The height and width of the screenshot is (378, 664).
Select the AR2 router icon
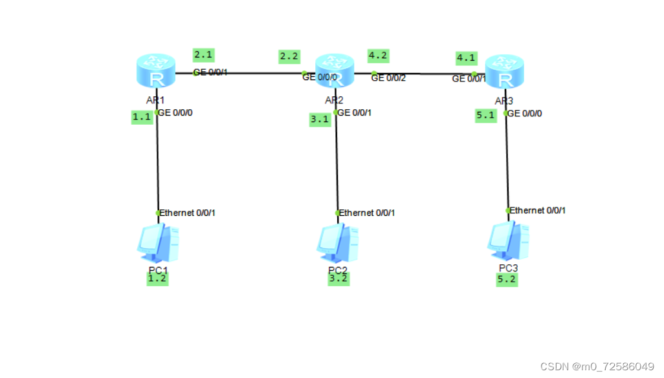335,71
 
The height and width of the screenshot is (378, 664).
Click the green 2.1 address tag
203,54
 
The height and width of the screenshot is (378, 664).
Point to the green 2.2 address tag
289,56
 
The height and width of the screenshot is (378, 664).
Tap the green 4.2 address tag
378,56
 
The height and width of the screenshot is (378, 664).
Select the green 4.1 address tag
466,58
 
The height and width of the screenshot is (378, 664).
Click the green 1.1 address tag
142,117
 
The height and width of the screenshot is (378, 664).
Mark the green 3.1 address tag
320,119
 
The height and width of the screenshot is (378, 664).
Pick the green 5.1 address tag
485,116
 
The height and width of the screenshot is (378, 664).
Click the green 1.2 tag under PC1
157,278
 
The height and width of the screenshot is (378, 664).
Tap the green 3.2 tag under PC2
338,278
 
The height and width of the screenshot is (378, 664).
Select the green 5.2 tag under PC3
507,279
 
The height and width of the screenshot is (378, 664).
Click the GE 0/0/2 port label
388,78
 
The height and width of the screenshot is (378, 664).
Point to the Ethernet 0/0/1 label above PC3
538,211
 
